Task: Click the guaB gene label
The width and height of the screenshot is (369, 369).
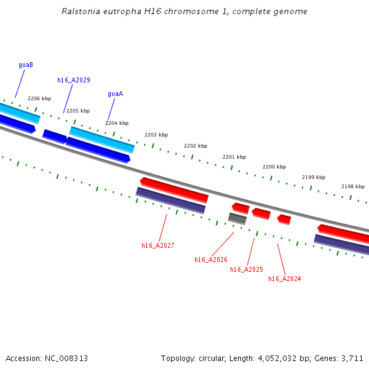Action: (26, 65)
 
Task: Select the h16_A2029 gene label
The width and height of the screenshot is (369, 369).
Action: (74, 80)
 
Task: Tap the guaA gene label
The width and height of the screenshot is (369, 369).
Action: (115, 94)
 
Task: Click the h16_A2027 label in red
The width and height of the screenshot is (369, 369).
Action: (158, 245)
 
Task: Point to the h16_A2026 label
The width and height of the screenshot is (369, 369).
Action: (211, 260)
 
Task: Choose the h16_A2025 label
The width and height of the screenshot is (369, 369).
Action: (247, 269)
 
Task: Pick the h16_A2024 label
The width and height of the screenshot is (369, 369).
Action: (285, 279)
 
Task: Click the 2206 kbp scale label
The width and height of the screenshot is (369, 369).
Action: (39, 98)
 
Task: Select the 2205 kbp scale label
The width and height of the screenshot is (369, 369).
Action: (78, 111)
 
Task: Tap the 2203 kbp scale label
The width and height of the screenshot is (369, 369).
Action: (156, 135)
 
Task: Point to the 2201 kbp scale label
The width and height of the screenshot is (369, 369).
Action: (234, 157)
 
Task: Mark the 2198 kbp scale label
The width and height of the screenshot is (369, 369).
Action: (353, 186)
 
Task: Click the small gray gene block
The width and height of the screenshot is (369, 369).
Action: (237, 218)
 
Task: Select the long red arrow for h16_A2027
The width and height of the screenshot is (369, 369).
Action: (175, 189)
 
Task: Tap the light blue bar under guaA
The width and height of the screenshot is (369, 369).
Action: (101, 140)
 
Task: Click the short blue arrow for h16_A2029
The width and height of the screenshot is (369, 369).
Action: (55, 136)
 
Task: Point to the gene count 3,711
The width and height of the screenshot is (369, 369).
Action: (352, 358)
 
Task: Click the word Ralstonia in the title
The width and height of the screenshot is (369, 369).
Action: (80, 12)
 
